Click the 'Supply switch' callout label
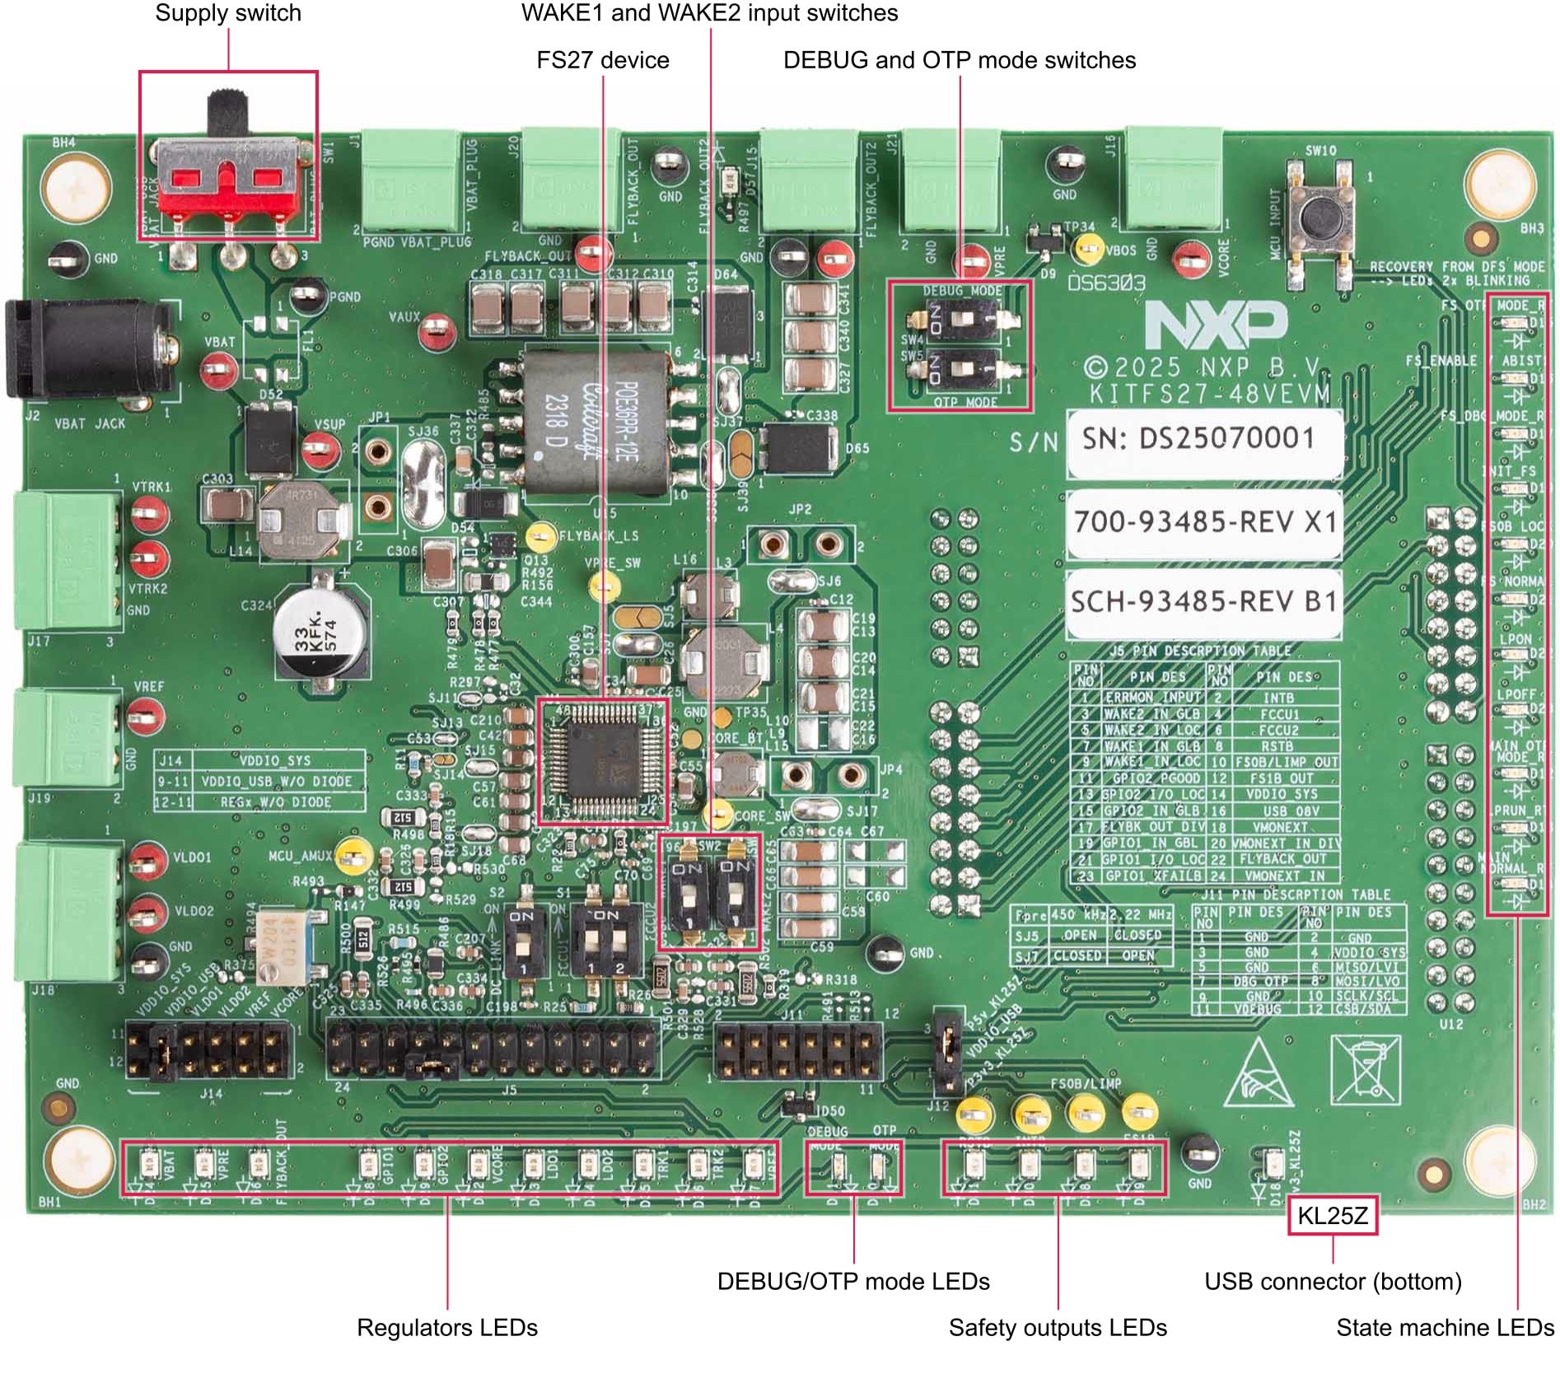(x=228, y=13)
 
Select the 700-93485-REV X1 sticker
(x=1203, y=522)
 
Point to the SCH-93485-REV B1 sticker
(x=1203, y=602)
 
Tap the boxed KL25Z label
(x=1332, y=1216)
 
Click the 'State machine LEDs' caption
(x=1445, y=1327)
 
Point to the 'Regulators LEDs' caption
(x=446, y=1327)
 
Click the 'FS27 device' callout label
(x=602, y=60)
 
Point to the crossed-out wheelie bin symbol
(x=1365, y=1069)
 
